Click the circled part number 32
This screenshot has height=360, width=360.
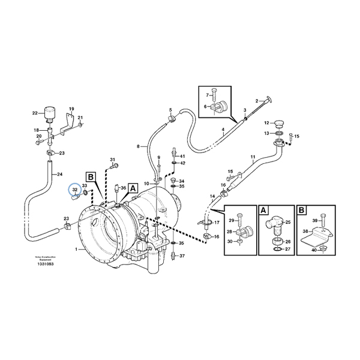[75, 190]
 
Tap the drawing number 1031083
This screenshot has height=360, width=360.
[45, 264]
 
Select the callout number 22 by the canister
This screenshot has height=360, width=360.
[35, 113]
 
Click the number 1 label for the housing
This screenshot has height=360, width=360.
[76, 248]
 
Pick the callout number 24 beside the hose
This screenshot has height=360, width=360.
[59, 175]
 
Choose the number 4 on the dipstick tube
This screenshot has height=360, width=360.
[223, 130]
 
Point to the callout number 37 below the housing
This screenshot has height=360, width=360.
[182, 256]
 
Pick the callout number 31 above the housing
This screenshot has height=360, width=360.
[112, 159]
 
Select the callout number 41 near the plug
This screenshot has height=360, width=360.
[182, 156]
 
